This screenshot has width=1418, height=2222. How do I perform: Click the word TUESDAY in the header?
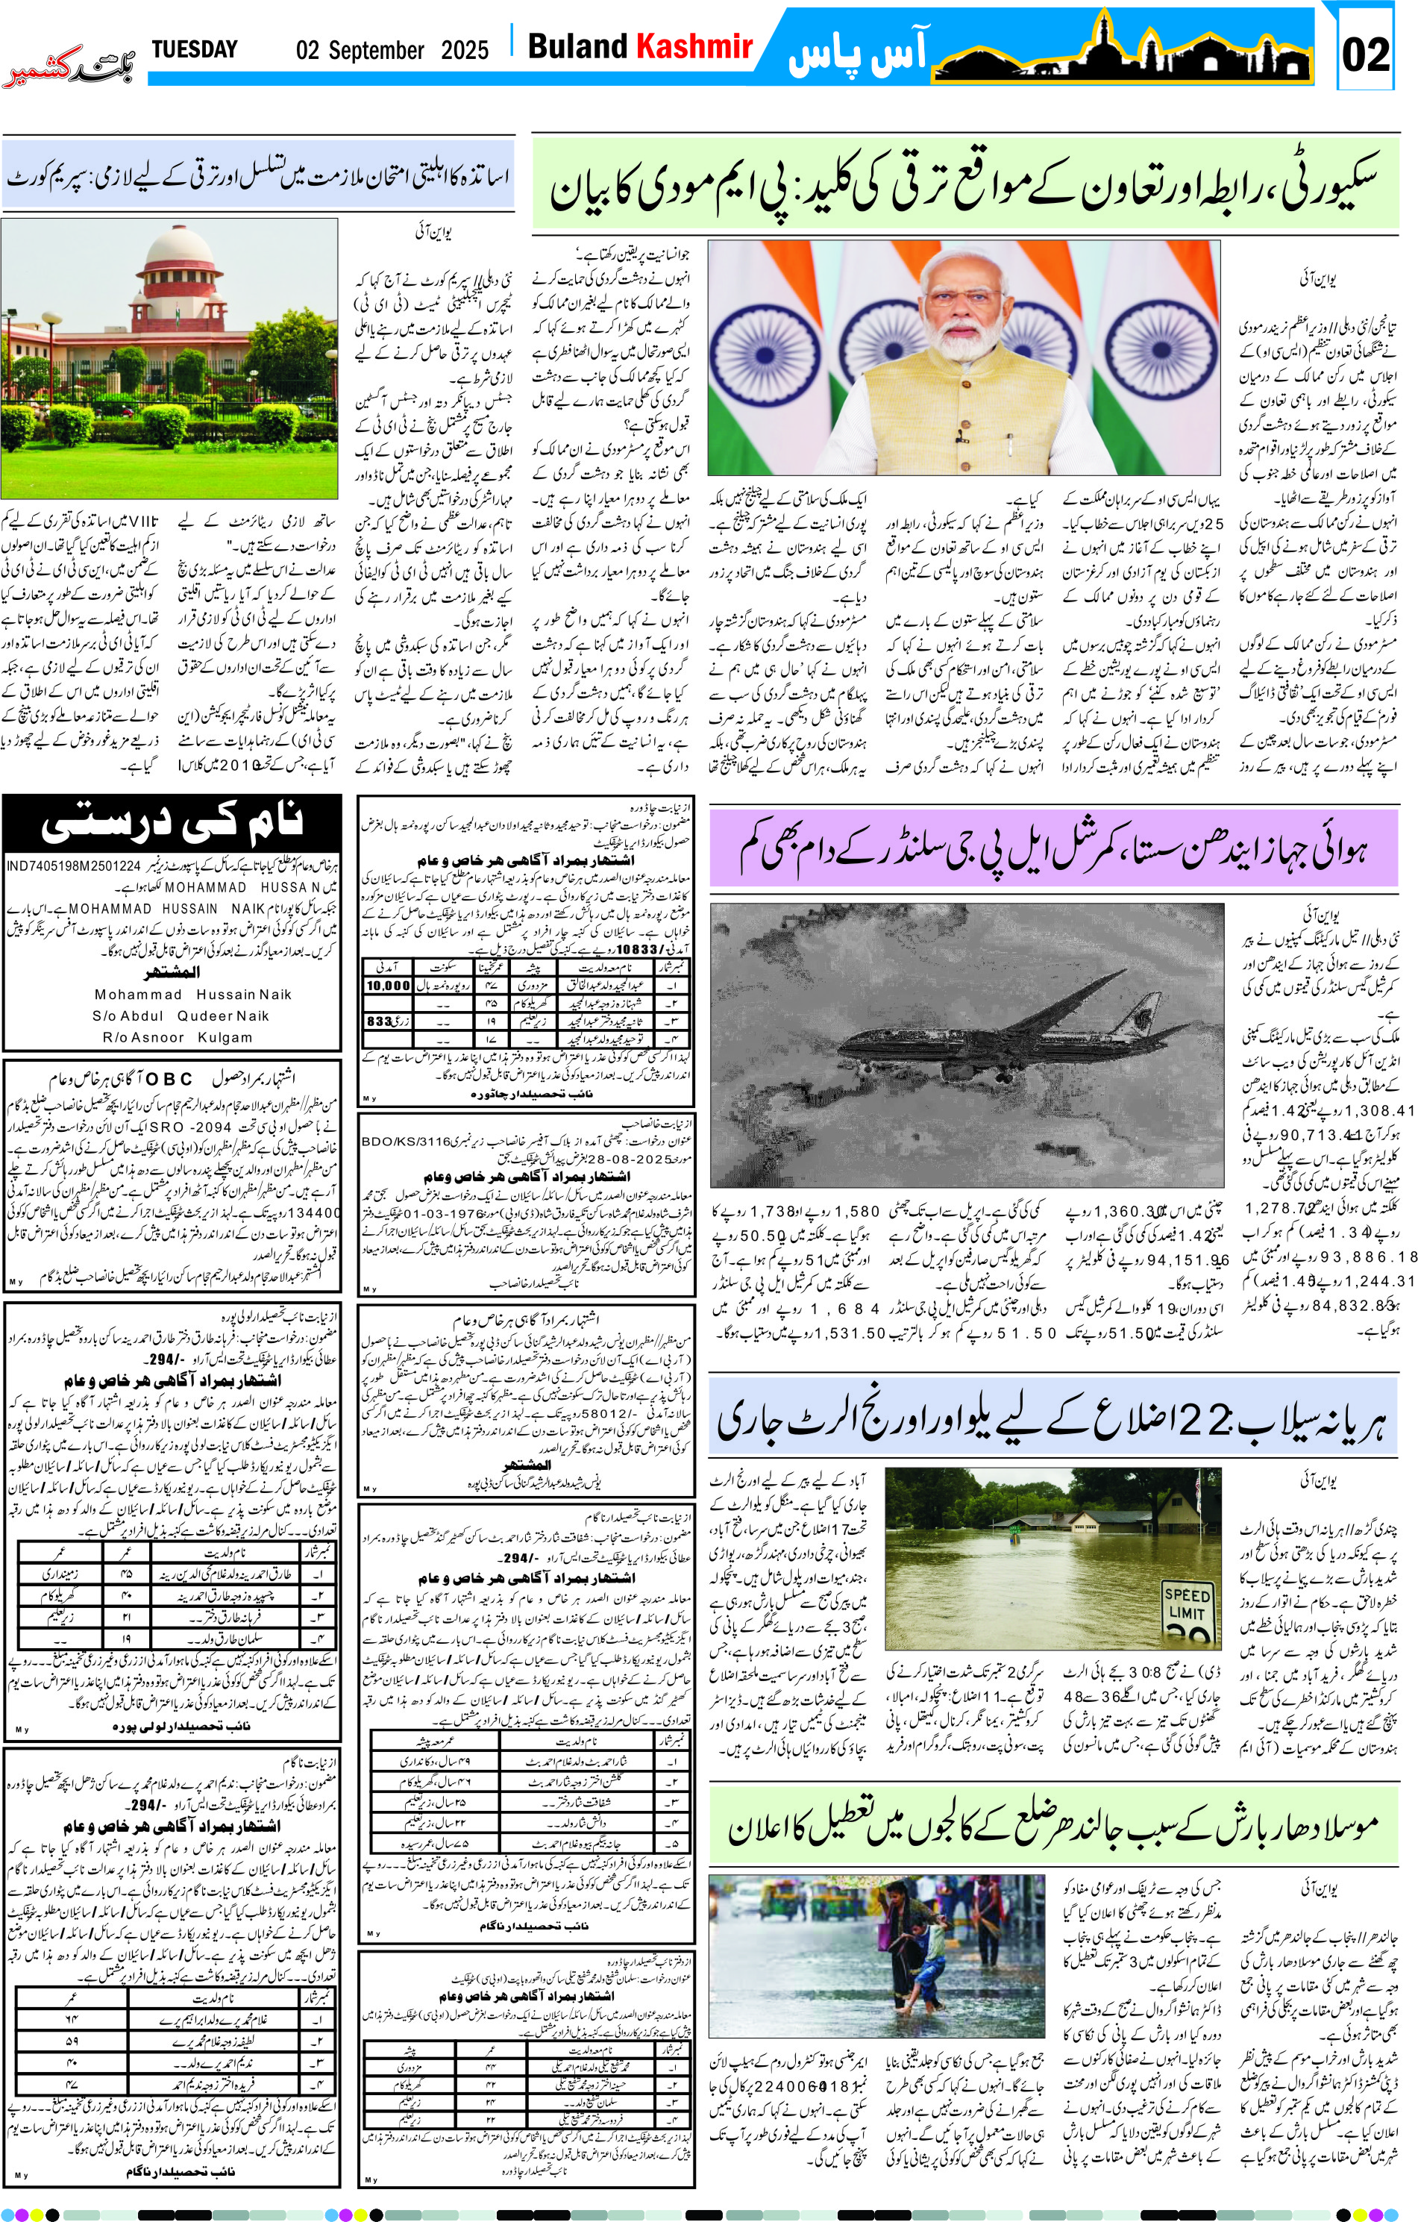(x=194, y=49)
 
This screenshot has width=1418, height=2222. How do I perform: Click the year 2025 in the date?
(x=464, y=50)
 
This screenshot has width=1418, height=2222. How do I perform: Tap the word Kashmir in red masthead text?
(x=694, y=46)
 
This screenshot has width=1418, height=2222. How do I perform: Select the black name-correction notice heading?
(x=172, y=821)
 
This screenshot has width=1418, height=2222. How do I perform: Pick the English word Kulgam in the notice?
(x=225, y=1037)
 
